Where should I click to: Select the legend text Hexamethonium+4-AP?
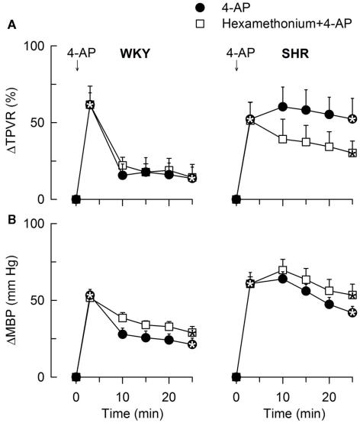269,24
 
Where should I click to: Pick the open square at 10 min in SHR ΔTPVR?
283,139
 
